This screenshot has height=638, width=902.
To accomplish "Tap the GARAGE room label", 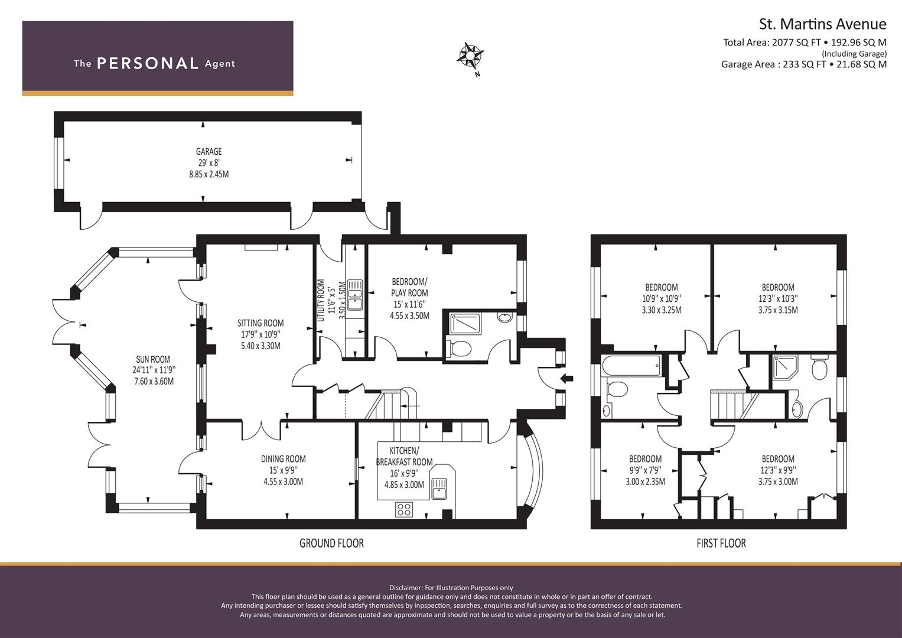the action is coord(209,151).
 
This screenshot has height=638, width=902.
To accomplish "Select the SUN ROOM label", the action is coord(153,359).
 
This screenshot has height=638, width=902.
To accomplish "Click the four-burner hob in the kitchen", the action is coord(404,509).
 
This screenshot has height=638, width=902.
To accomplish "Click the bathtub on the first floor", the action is coord(631,366).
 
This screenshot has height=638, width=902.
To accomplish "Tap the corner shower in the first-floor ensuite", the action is coord(784,367).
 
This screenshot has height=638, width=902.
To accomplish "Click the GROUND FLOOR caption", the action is coord(331,543).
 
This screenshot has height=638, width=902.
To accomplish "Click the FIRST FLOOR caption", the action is coord(721,543).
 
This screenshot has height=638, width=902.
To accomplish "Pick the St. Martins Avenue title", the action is coord(823,24).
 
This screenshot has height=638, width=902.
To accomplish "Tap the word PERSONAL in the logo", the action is coord(148,63).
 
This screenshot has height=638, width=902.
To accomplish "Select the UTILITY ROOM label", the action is coord(321,301).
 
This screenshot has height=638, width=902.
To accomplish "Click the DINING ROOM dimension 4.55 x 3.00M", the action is coord(283,481).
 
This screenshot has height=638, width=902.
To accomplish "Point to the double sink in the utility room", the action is coord(355,295).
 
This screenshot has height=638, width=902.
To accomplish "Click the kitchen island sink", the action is coord(439,488).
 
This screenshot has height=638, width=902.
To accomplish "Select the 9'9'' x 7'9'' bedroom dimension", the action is coord(645,470).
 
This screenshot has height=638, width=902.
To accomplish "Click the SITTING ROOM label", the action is coord(260,323).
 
